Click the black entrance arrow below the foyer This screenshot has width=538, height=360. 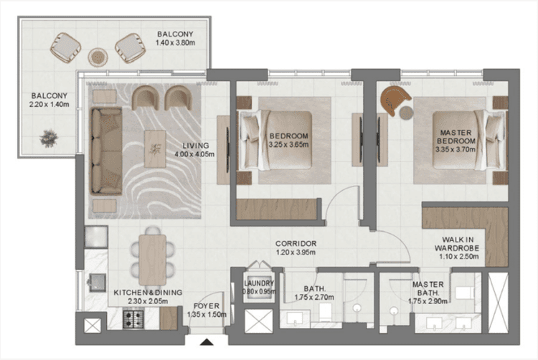pyautogui.click(x=208, y=342)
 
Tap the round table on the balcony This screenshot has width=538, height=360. pyautogui.click(x=96, y=56)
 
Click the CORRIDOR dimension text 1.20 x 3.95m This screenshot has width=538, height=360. pyautogui.click(x=296, y=253)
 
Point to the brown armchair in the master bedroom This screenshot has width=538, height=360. pyautogui.click(x=394, y=100)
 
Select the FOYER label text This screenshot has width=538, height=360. pyautogui.click(x=205, y=305)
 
